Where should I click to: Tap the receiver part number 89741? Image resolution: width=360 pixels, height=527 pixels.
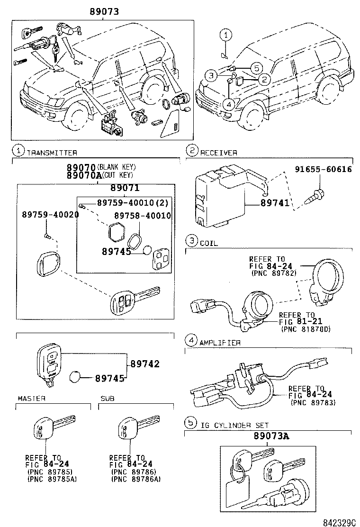(274, 203)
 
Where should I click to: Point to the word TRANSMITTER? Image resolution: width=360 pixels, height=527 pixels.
(52, 153)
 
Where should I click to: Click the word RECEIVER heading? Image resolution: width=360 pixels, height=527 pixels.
(218, 153)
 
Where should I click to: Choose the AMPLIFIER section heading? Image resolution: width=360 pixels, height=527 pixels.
(220, 342)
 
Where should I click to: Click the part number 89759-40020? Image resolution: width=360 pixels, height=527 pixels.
(50, 214)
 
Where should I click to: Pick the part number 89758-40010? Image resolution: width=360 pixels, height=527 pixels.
(142, 216)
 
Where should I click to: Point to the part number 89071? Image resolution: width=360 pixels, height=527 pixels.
(125, 188)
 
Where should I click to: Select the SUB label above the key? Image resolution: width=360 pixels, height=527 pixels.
(108, 399)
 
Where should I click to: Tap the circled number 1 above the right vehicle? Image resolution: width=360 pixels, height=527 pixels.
(226, 34)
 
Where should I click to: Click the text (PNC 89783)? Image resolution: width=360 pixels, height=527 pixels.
(314, 402)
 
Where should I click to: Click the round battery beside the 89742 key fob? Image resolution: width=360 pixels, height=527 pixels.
(75, 377)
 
